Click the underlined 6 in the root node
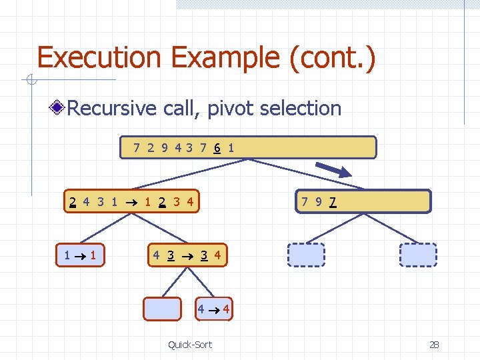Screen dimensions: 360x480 click(x=217, y=148)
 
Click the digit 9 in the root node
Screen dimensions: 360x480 click(x=165, y=148)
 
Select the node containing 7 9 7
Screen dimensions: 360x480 click(x=363, y=201)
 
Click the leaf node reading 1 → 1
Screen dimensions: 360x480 click(x=81, y=255)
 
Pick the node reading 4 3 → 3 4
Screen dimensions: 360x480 click(x=187, y=255)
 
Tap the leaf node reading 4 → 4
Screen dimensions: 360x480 click(x=213, y=309)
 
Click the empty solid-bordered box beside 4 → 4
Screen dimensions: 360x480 click(x=163, y=309)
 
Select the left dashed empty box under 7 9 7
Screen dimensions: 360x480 click(x=306, y=255)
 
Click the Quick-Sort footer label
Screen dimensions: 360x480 click(x=190, y=344)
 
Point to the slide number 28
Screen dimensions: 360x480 click(x=434, y=344)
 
